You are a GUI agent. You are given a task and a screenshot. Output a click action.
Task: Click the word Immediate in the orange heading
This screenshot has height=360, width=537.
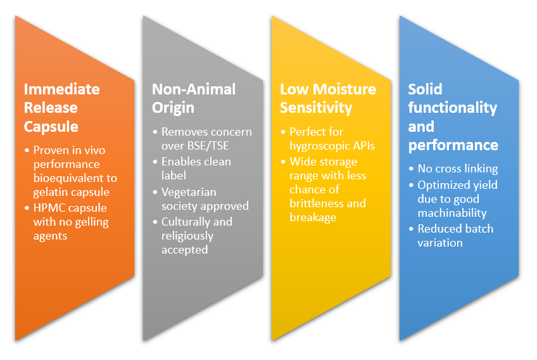pyautogui.click(x=62, y=89)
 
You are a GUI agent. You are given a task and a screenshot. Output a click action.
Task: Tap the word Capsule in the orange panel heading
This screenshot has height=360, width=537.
pyautogui.click(x=51, y=127)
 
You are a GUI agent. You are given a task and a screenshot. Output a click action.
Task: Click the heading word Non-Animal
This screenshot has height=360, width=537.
pyautogui.click(x=194, y=89)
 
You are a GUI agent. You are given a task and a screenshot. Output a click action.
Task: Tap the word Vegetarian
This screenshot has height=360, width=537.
pyautogui.click(x=189, y=192)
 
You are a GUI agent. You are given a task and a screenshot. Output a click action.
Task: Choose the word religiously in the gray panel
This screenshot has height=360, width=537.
pyautogui.click(x=187, y=236)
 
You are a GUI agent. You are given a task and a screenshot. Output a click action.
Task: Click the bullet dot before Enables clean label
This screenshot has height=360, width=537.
pyautogui.click(x=155, y=162)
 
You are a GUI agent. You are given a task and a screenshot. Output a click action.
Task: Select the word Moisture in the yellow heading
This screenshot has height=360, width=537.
pyautogui.click(x=344, y=89)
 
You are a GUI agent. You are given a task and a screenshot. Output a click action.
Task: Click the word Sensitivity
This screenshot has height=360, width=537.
pyautogui.click(x=316, y=108)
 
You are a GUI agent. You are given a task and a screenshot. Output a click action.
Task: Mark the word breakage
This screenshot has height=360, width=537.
pyautogui.click(x=313, y=218)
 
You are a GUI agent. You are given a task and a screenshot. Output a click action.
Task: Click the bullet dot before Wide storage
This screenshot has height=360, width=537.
pyautogui.click(x=283, y=162)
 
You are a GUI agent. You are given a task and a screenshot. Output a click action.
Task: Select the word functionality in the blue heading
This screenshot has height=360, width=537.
pyautogui.click(x=452, y=108)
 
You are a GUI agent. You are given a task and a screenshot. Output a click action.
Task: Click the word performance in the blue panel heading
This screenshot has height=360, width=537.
pyautogui.click(x=453, y=146)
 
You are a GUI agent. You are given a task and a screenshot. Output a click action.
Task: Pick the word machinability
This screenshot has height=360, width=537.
pyautogui.click(x=452, y=213)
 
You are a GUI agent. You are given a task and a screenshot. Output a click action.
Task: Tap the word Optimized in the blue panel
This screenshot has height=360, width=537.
pyautogui.click(x=443, y=186)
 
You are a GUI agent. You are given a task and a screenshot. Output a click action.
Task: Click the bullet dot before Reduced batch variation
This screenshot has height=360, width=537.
pyautogui.click(x=412, y=229)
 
